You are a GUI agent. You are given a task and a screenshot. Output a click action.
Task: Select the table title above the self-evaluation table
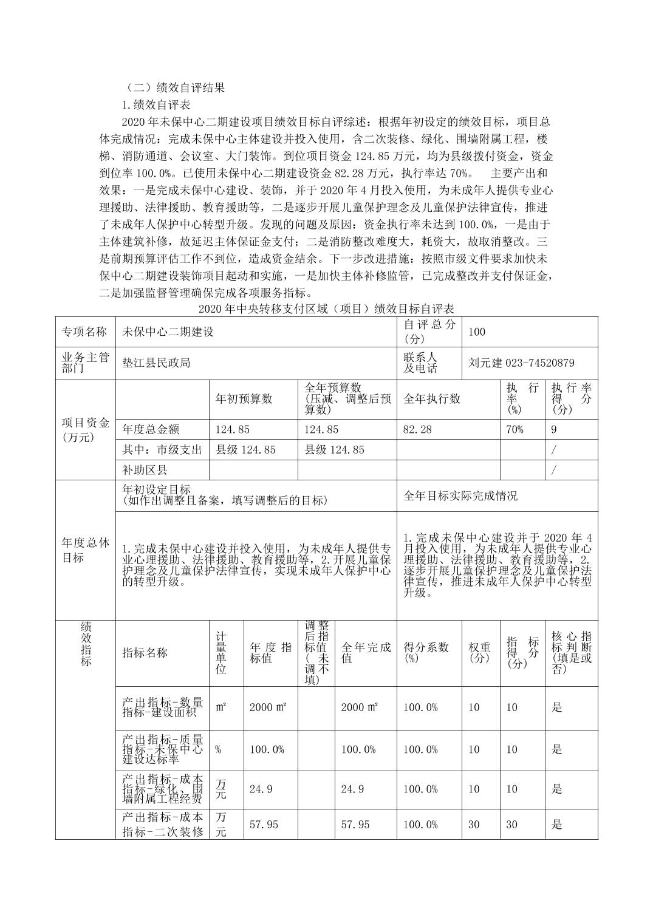tap(326, 309)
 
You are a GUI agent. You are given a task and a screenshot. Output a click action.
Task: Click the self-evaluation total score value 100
tap(477, 332)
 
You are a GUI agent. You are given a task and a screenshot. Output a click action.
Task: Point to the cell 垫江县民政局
tap(157, 363)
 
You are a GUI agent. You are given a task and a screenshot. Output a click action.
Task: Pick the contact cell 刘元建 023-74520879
tap(521, 363)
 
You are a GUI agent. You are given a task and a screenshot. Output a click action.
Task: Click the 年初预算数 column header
tap(244, 399)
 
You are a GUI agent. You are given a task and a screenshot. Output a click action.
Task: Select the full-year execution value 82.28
tap(418, 429)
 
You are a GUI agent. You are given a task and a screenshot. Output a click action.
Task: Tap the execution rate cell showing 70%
tap(515, 429)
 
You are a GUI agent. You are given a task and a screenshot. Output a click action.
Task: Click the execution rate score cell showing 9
tap(553, 429)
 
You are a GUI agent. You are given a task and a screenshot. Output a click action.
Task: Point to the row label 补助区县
tap(145, 469)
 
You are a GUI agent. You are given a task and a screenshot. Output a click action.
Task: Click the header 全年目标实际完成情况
tap(461, 496)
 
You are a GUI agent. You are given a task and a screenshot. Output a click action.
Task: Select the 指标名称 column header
tap(145, 653)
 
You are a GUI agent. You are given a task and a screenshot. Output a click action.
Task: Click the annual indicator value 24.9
tap(261, 789)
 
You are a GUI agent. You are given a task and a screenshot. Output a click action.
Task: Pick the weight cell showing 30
tap(474, 824)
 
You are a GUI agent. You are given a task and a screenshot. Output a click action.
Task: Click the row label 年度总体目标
tap(86, 550)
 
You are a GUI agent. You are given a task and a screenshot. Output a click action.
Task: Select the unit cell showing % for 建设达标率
tap(218, 749)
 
